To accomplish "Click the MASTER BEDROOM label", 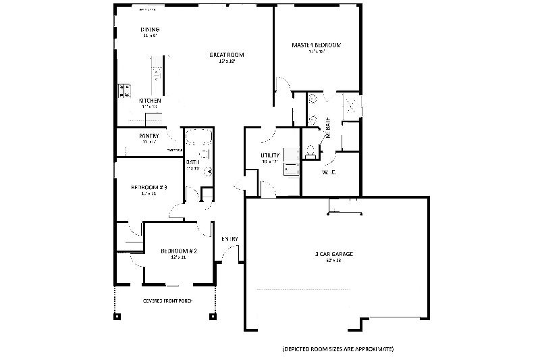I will pyautogui.click(x=316, y=45).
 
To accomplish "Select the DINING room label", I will pyautogui.click(x=150, y=30).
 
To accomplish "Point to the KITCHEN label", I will pyautogui.click(x=149, y=101).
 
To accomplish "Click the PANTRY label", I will pyautogui.click(x=148, y=136).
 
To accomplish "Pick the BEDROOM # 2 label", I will pyautogui.click(x=178, y=251).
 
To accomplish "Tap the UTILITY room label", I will pyautogui.click(x=270, y=155).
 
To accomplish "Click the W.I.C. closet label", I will pyautogui.click(x=329, y=172).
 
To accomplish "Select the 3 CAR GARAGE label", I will pyautogui.click(x=334, y=254).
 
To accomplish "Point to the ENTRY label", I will pyautogui.click(x=230, y=239).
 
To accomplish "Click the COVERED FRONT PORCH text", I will pyautogui.click(x=167, y=301).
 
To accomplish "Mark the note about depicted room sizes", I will pyautogui.click(x=337, y=349).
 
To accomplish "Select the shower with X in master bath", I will pyautogui.click(x=352, y=107).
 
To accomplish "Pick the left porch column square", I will pyautogui.click(x=118, y=315).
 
